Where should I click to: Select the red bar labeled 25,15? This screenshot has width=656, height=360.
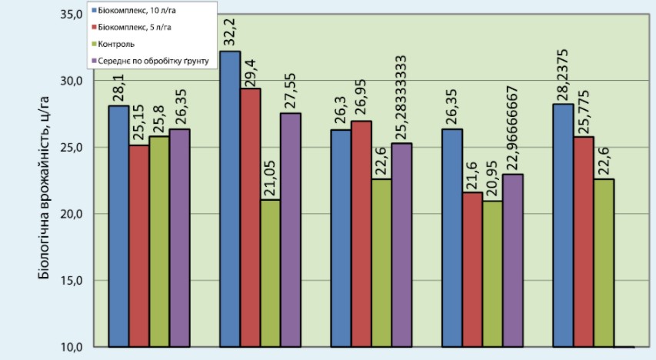click(x=139, y=245)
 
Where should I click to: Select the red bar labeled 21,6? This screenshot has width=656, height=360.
click(x=473, y=269)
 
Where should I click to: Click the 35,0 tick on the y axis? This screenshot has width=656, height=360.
click(x=71, y=15)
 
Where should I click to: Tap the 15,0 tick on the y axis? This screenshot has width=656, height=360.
click(x=71, y=280)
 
